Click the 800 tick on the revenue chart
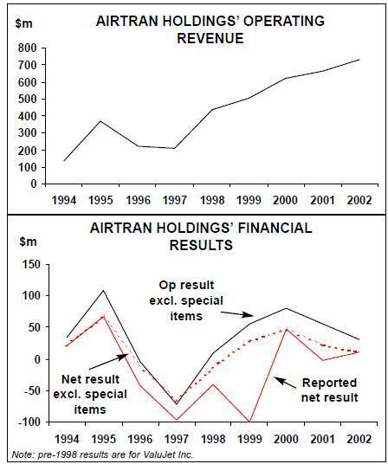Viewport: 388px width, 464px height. [27, 48]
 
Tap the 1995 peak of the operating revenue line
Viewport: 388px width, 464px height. [101, 121]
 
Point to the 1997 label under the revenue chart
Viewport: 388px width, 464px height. [175, 200]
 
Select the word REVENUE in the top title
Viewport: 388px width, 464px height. [210, 38]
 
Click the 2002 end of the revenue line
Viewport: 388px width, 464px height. [359, 60]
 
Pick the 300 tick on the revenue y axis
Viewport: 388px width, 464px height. [27, 132]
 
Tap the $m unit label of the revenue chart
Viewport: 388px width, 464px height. [24, 23]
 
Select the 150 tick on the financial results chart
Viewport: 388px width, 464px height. [31, 264]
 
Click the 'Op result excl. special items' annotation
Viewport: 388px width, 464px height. [186, 300]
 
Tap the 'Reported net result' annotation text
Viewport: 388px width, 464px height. [329, 390]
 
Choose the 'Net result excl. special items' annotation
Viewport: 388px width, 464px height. [90, 395]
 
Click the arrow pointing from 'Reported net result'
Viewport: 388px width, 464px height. [285, 383]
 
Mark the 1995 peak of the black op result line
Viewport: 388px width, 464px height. [103, 290]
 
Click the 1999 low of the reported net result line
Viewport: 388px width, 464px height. [249, 422]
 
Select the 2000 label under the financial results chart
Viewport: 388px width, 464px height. [286, 439]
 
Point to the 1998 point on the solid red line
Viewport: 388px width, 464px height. [213, 384]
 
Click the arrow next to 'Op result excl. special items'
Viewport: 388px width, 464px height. [237, 313]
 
